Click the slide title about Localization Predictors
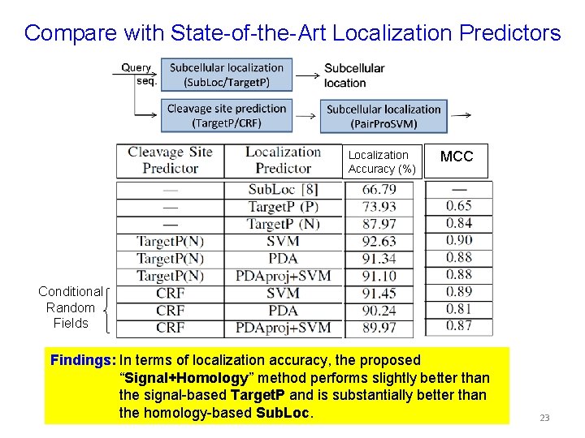(x=292, y=33)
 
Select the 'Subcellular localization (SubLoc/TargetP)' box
(x=226, y=75)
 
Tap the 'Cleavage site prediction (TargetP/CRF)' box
(x=226, y=115)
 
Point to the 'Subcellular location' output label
(x=354, y=75)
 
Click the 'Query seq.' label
(x=137, y=75)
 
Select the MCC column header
(x=456, y=157)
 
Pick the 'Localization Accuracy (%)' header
(x=382, y=161)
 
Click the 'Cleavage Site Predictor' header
(x=170, y=160)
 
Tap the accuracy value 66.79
(x=379, y=190)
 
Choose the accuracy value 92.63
(x=379, y=241)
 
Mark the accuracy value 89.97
(x=379, y=328)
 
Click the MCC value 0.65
(x=458, y=206)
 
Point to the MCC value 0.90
(x=458, y=240)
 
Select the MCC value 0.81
(x=458, y=309)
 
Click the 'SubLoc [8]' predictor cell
(x=283, y=190)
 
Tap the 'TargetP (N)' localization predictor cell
(x=283, y=224)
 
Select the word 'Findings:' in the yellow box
(x=82, y=360)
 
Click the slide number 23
(x=544, y=418)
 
